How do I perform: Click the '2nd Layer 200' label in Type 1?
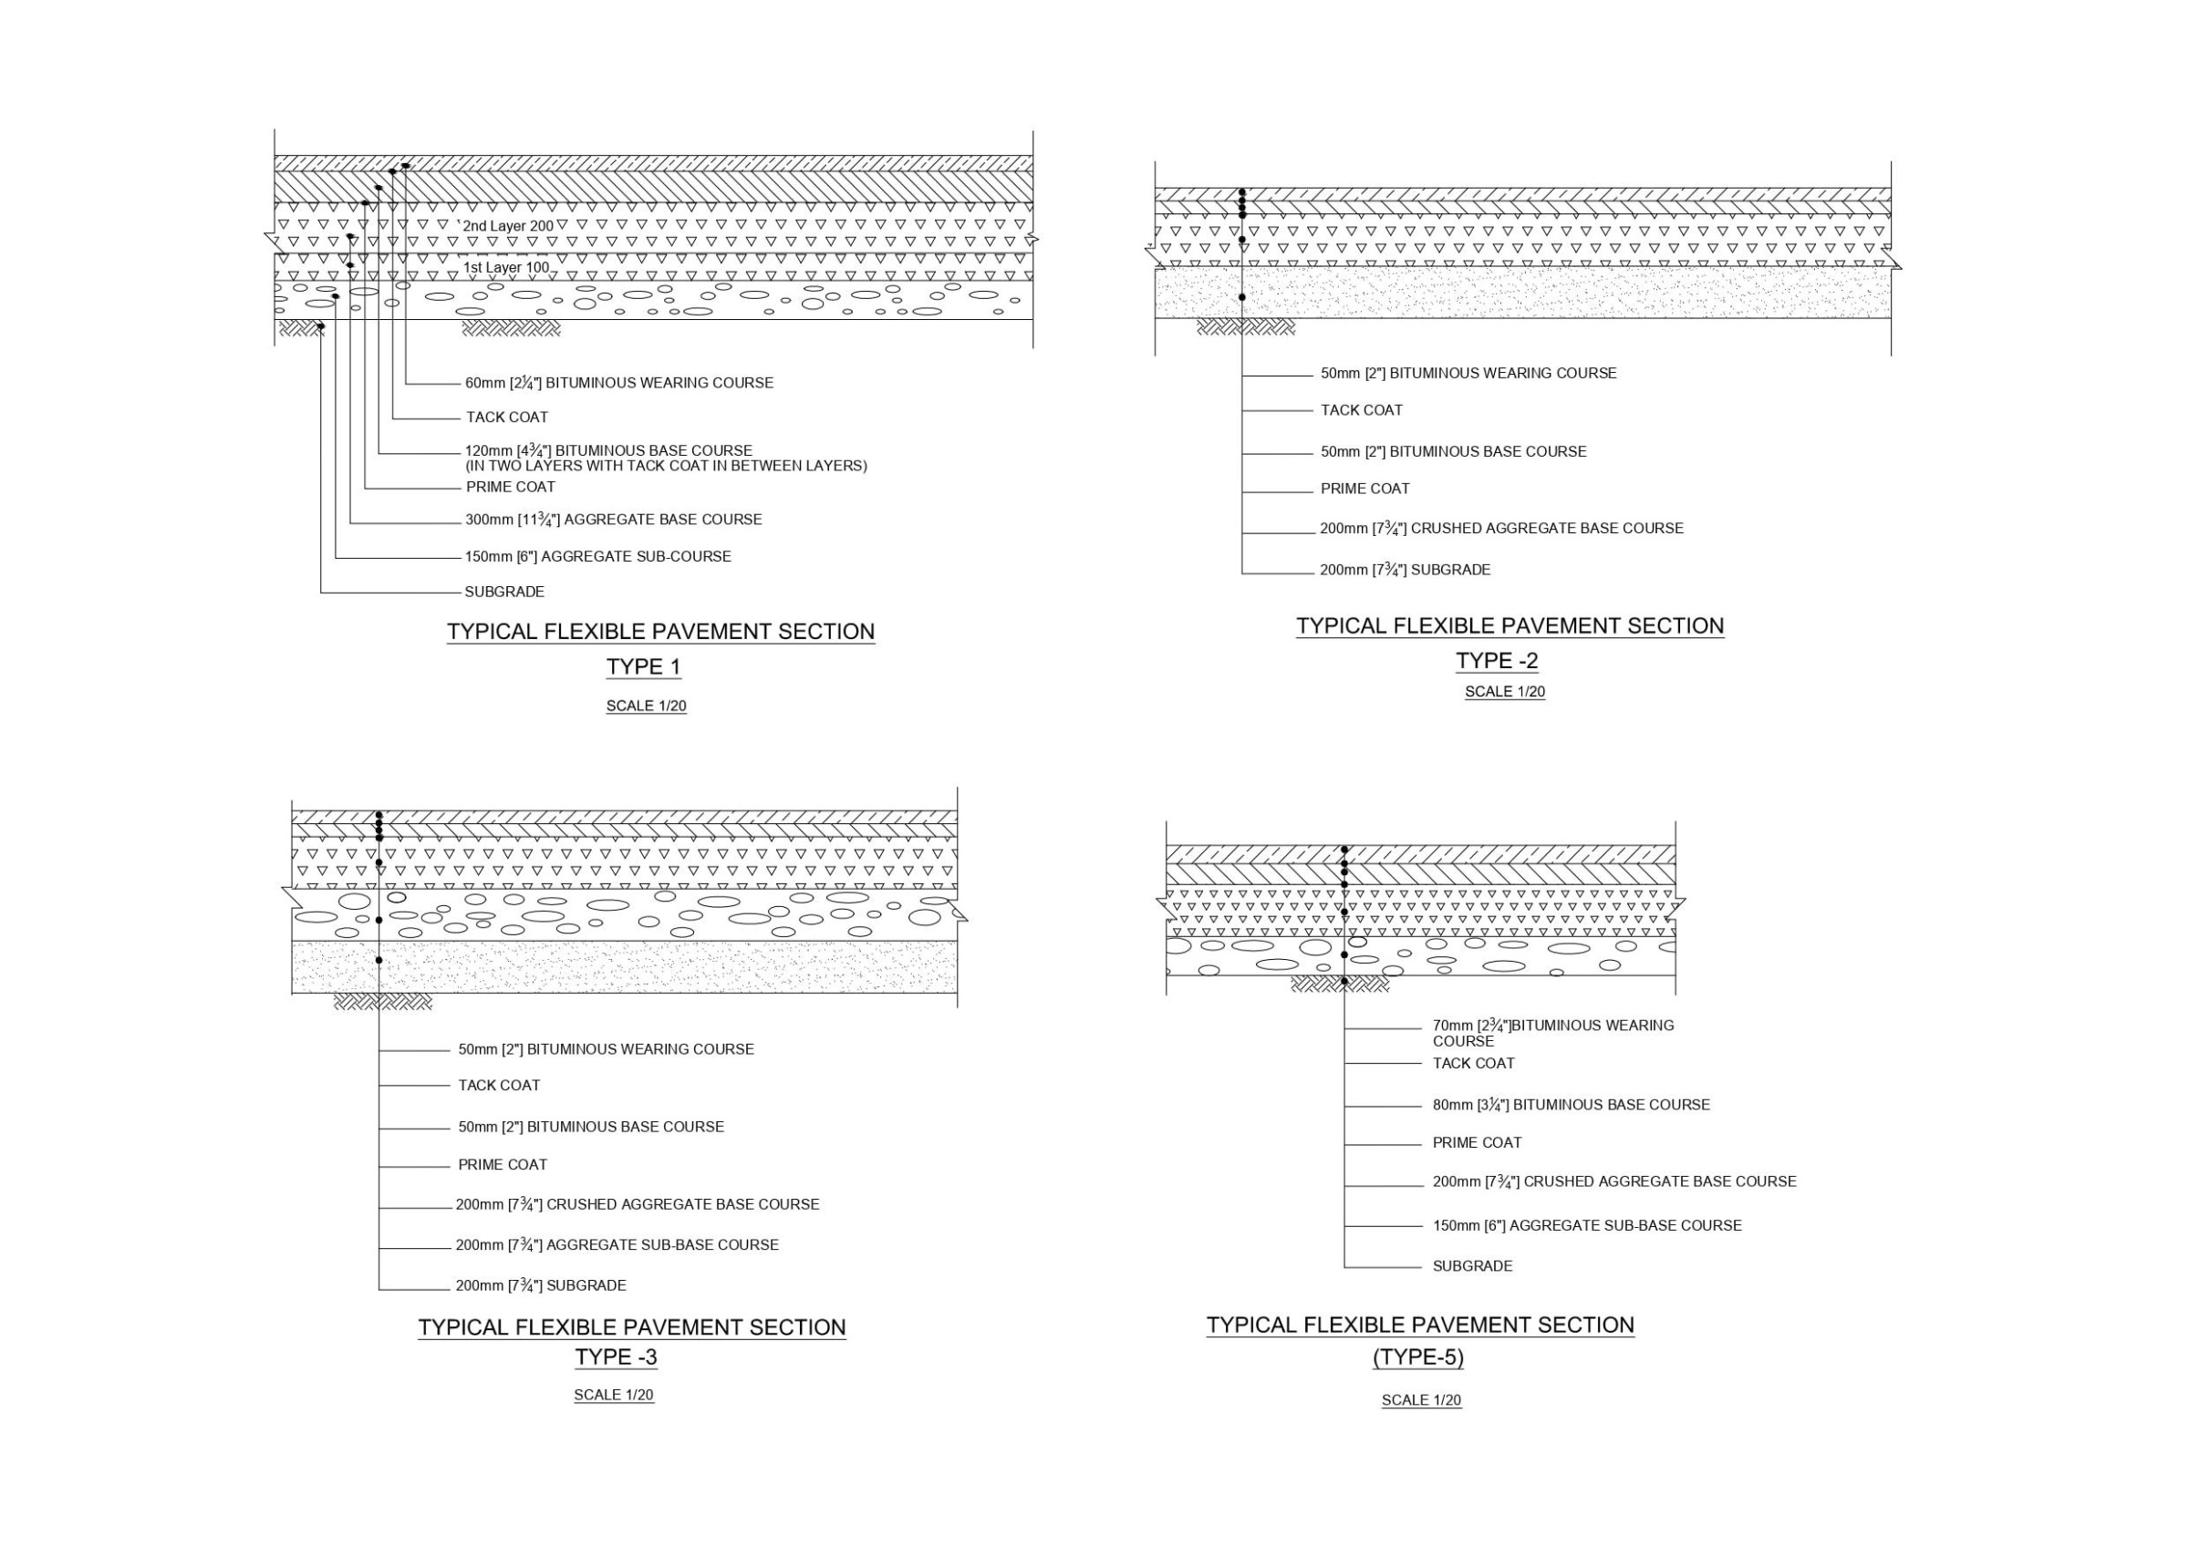tap(507, 226)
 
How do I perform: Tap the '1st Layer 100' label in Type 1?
tap(506, 268)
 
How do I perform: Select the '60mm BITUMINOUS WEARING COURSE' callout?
tap(618, 383)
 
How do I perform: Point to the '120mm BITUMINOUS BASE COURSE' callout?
tap(608, 451)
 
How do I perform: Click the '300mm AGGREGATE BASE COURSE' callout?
tap(613, 521)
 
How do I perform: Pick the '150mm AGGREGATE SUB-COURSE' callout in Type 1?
tap(597, 557)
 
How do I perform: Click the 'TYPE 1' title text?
tap(644, 667)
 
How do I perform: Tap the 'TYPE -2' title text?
tap(1496, 662)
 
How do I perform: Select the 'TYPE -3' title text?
tap(616, 1357)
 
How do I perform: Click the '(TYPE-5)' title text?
tap(1417, 1357)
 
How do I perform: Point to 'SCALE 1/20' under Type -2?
tap(1504, 692)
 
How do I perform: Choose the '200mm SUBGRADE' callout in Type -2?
tap(1405, 570)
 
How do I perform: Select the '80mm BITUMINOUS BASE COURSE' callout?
tap(1571, 1105)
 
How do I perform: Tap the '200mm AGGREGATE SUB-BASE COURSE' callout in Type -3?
tap(617, 1245)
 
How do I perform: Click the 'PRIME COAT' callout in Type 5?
tap(1477, 1143)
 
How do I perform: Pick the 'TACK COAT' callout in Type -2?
tap(1361, 411)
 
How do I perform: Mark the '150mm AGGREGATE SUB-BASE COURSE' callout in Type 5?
tap(1586, 1226)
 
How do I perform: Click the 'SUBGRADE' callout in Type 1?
tap(504, 592)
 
